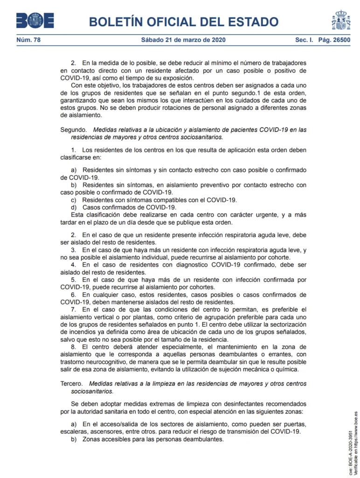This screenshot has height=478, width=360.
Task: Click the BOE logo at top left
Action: tap(35, 21)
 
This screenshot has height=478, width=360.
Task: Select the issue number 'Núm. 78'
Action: tap(29, 40)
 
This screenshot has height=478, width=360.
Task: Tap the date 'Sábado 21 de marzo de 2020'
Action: tap(183, 40)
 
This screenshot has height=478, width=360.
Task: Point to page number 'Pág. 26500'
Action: tap(334, 40)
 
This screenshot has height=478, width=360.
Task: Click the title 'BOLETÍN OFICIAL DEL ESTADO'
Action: tap(183, 21)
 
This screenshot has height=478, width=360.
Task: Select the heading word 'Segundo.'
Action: tap(74, 130)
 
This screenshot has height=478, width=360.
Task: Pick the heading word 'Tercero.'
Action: tap(73, 384)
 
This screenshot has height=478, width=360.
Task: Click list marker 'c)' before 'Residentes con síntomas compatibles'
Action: tap(74, 200)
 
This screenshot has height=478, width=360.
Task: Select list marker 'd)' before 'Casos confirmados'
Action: tap(74, 207)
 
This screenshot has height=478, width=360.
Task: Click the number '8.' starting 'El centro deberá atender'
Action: tap(74, 347)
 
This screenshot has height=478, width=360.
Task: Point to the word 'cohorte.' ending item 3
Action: tap(278, 258)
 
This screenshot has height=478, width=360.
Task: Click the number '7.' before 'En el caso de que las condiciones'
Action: tap(74, 309)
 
